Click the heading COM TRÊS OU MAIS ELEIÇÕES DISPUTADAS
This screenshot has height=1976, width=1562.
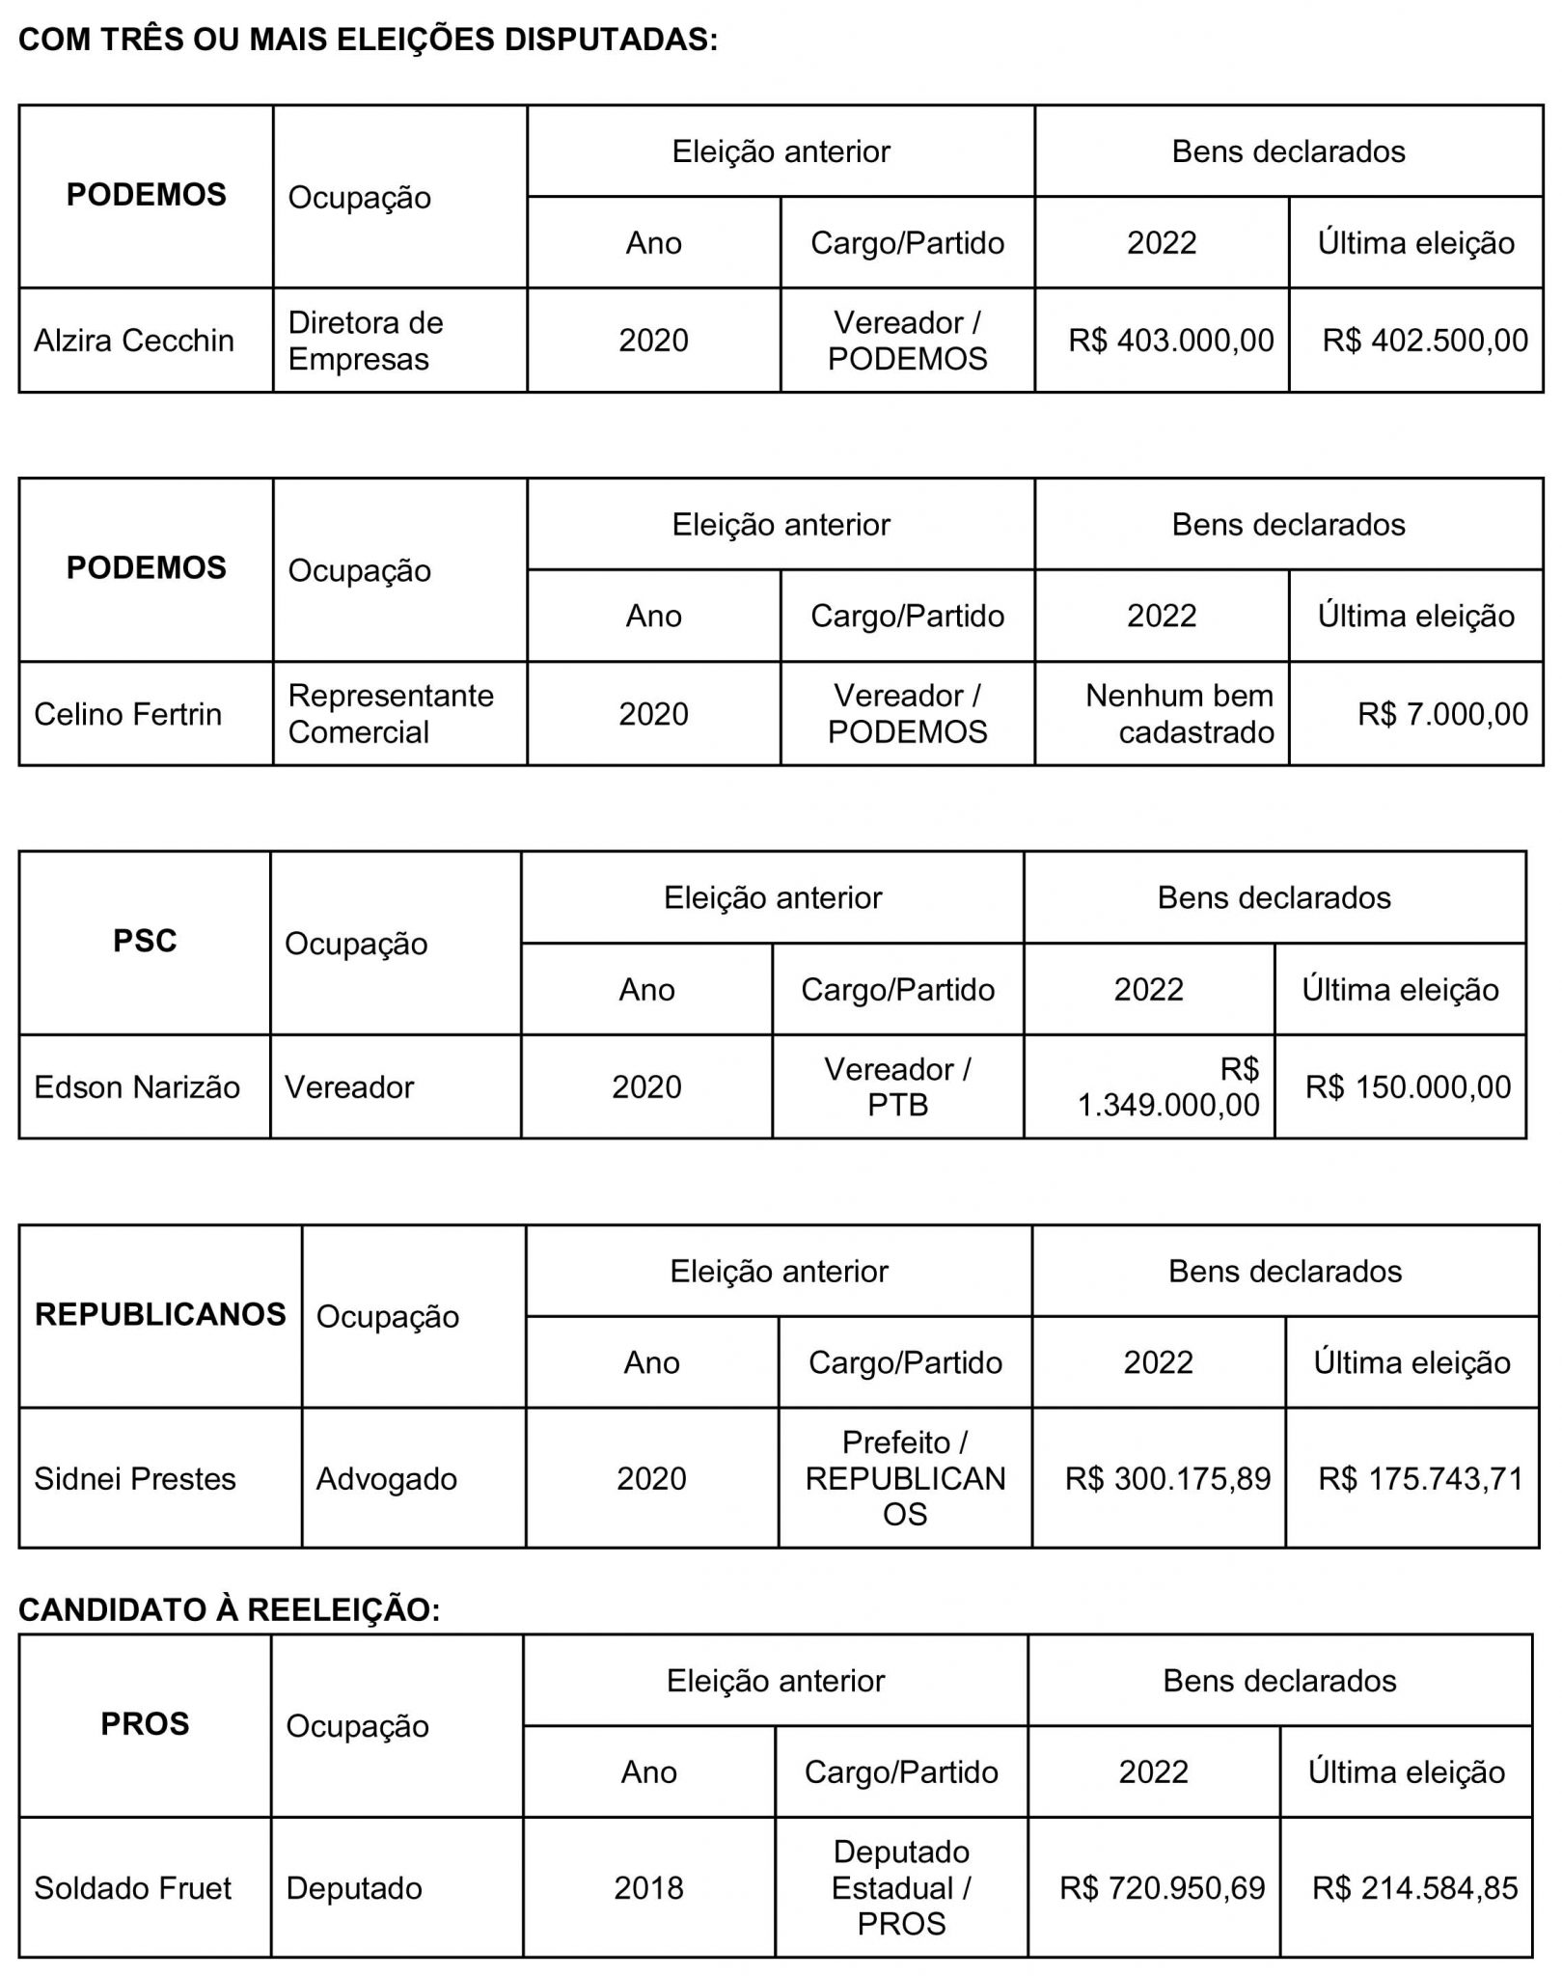[368, 40]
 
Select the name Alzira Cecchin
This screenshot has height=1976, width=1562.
[134, 341]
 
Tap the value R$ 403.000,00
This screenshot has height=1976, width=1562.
[1170, 341]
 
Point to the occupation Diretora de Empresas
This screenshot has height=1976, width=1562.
[366, 341]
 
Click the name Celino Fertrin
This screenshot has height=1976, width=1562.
[127, 714]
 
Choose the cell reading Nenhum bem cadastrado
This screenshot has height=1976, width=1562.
[1179, 714]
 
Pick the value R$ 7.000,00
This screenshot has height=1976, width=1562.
[1442, 714]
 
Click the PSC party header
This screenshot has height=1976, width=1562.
[145, 941]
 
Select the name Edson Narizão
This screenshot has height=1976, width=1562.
[137, 1087]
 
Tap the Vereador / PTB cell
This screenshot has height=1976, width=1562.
[897, 1087]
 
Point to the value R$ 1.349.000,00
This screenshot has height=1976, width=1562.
[1168, 1087]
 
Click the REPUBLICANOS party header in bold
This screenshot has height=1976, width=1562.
[160, 1314]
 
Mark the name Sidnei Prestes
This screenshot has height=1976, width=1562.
[135, 1479]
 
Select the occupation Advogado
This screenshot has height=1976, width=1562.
[387, 1479]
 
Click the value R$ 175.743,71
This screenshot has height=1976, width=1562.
[1420, 1479]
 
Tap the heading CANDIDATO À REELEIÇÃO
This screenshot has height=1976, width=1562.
[229, 1610]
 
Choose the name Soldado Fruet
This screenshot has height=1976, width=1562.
[133, 1888]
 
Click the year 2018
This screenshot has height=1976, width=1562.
[648, 1888]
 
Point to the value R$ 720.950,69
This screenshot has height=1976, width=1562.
[1162, 1888]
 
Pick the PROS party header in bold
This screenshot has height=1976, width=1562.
[145, 1724]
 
